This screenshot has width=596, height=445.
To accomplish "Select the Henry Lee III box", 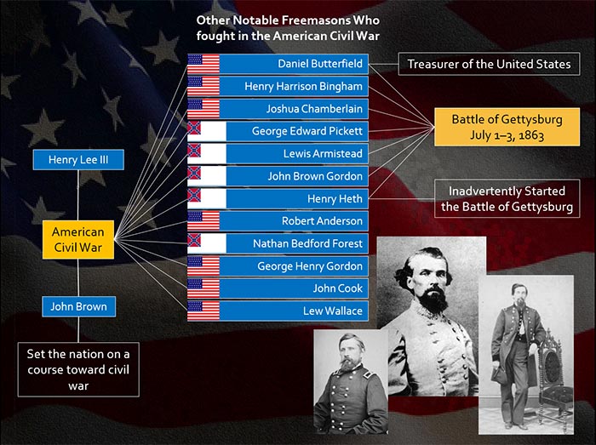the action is (x=78, y=159).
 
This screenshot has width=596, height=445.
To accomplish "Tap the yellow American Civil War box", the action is (x=78, y=240).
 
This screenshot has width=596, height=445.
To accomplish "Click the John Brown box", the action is (x=78, y=306).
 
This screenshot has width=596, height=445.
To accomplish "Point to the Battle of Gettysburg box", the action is (x=507, y=127).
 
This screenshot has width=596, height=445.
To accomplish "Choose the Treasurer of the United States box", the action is (x=490, y=64).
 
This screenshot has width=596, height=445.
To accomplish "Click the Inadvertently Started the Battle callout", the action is (x=507, y=198).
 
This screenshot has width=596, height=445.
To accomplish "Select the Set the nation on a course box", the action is (x=78, y=369).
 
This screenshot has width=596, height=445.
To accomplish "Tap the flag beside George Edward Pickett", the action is (x=206, y=131).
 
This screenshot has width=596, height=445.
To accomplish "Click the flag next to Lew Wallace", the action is (x=203, y=311).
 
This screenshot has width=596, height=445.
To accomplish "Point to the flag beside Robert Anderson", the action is (x=203, y=221).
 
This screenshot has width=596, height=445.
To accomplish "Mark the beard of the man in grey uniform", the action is (x=433, y=300).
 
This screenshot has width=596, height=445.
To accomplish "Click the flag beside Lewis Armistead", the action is (x=206, y=154).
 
